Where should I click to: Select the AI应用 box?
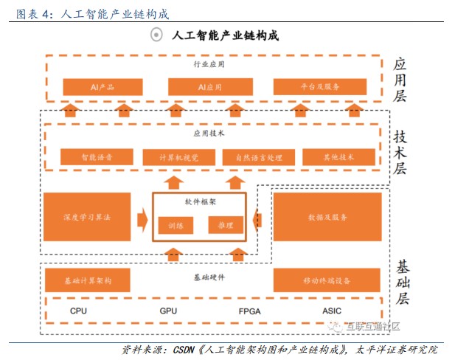pos(209,87)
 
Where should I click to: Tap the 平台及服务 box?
pos(319,87)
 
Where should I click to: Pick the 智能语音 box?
pos(97,157)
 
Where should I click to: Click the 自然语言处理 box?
pos(258,157)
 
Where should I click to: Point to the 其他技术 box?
pos(339,157)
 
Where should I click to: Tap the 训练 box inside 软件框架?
pos(176,225)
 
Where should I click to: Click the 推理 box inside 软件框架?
pos(226,224)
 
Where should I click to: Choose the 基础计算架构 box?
pos(88,280)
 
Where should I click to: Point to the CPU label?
pos(79,311)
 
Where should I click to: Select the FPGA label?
pos(250,311)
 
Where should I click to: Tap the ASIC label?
pos(332,311)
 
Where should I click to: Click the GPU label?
pos(168,311)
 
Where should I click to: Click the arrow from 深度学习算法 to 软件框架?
pos(141,218)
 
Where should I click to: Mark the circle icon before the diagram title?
pos(156,35)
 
